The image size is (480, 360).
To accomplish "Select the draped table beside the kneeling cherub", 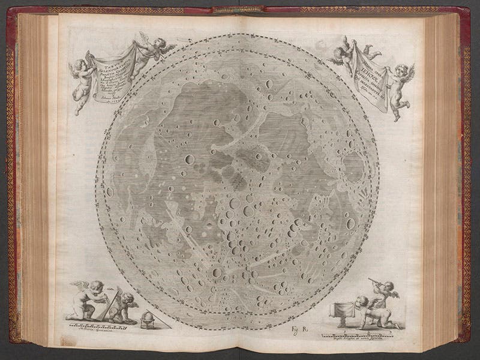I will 347,310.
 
